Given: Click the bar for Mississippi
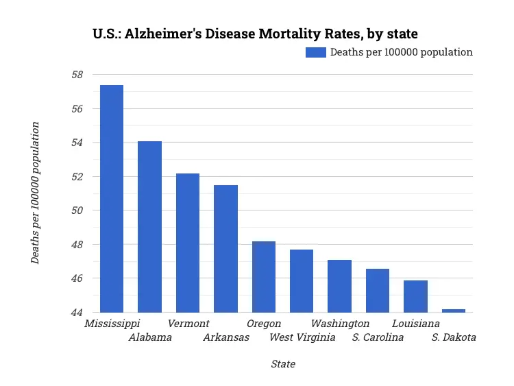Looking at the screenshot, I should (112, 199).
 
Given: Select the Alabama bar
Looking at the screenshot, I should (149, 227).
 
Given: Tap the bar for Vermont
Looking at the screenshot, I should (188, 243).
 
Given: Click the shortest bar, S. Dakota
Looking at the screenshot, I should (454, 311).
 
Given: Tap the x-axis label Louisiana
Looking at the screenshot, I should (416, 324).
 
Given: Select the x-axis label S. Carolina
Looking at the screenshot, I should (378, 337).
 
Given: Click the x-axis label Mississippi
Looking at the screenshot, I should (112, 324).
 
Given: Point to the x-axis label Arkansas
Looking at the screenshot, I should (226, 337).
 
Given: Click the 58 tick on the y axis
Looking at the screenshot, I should (77, 75).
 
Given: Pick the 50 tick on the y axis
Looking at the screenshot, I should (77, 210).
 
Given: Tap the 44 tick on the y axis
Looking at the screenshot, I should (77, 313).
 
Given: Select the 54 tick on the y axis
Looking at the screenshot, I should (77, 143).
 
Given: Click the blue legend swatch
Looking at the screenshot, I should (316, 53).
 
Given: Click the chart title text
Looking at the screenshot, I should (255, 33).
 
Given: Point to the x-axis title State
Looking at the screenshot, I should (283, 364).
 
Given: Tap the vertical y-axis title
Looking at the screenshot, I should (35, 193).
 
